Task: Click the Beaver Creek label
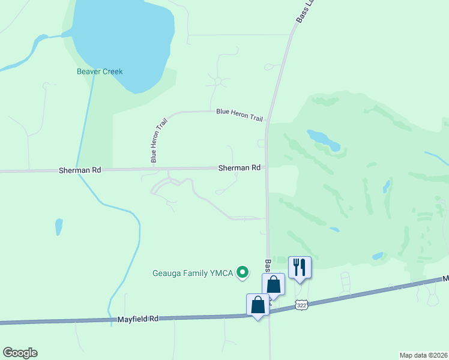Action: coord(100,71)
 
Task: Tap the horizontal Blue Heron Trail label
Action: coord(240,114)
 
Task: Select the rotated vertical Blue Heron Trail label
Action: coord(158,140)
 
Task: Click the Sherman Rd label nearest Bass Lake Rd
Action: coord(240,168)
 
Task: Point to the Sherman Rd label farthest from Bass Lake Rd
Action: coord(80,170)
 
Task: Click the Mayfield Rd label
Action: coord(137,319)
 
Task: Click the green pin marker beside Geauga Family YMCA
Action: coord(243,273)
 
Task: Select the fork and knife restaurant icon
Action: coord(300,266)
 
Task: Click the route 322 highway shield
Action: coord(301,305)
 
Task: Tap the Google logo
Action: coord(20,353)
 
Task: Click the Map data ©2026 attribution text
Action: coord(423,355)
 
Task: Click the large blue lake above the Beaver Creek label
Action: coord(123,42)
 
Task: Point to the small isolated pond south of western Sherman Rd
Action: coord(59,227)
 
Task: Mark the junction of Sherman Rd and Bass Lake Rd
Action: coord(267,169)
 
